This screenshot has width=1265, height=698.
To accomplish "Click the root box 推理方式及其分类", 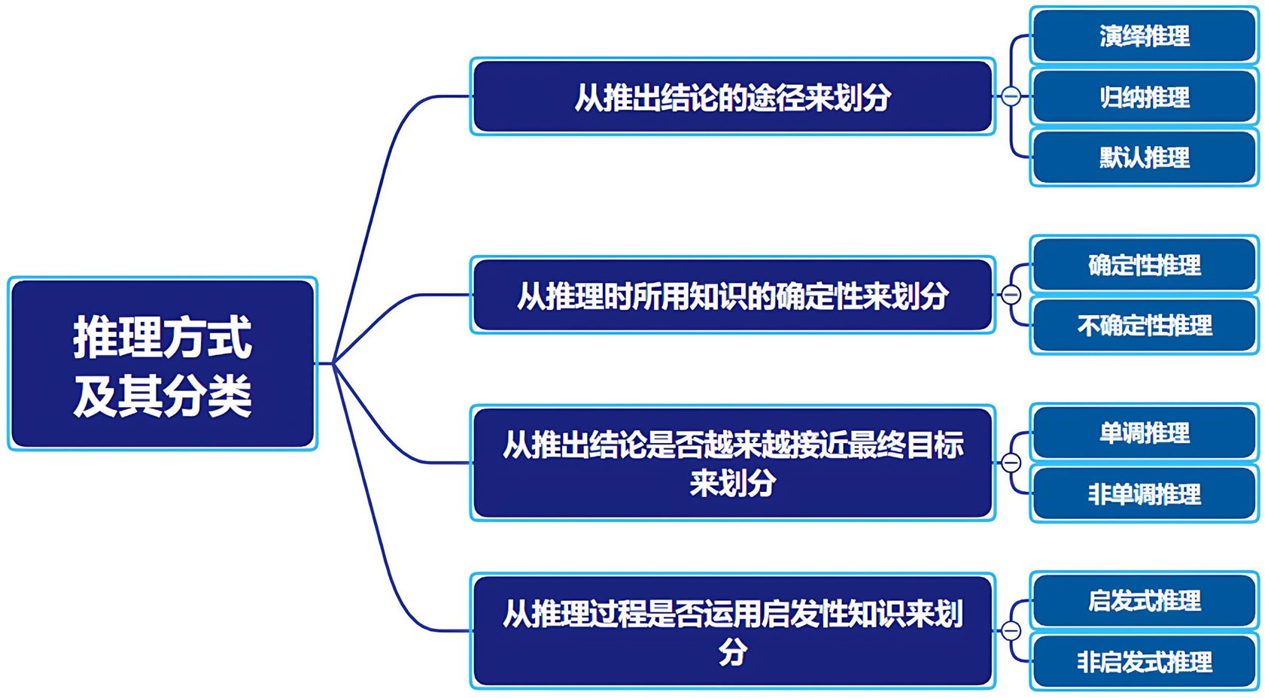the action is [x=163, y=364].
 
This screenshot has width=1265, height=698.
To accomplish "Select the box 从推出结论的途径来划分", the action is [x=732, y=97].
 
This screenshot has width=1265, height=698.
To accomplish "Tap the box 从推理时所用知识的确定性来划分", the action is [x=732, y=295].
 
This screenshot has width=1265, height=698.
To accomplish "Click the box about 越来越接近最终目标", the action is [x=732, y=463].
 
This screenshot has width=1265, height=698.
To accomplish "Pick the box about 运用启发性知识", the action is [x=732, y=631].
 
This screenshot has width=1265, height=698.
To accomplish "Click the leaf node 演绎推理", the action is [x=1144, y=35].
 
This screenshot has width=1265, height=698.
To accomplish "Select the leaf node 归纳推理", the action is [x=1144, y=97].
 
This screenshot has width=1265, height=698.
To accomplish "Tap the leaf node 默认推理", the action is [x=1144, y=158].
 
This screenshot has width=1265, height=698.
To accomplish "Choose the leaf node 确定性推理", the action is [x=1144, y=265].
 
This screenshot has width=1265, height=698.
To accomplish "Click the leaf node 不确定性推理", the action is [x=1144, y=326].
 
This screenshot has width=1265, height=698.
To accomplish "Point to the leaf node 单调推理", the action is [x=1144, y=433].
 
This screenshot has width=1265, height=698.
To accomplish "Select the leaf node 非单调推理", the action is [x=1144, y=494].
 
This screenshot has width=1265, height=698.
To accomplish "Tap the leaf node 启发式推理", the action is [x=1144, y=601].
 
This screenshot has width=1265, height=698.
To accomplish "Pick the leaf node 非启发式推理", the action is [x=1144, y=662].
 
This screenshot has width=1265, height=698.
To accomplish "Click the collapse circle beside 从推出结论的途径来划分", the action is [x=1011, y=96].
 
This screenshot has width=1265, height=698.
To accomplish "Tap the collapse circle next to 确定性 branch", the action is [x=1011, y=295].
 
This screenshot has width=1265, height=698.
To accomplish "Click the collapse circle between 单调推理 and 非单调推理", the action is [x=1011, y=463].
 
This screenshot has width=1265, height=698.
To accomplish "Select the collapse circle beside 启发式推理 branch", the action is [x=1011, y=630].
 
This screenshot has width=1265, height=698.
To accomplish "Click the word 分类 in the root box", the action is [x=207, y=396].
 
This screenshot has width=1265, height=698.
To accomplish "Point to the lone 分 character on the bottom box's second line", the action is [x=732, y=651].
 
